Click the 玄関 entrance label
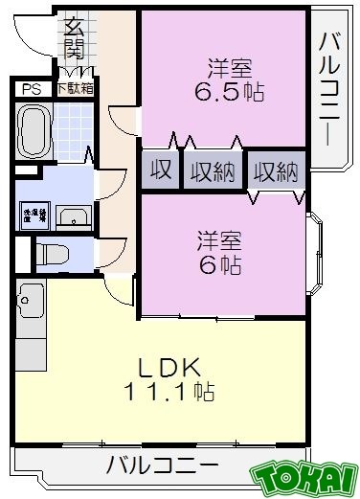[x=74, y=37]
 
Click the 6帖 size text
[x=219, y=263]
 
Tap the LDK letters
[x=173, y=366]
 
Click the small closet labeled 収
[x=160, y=171]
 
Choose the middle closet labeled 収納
[x=211, y=171]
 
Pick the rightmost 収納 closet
[x=277, y=172]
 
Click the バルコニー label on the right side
[x=331, y=87]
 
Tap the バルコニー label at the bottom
[x=162, y=468]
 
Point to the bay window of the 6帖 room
[x=315, y=253]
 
